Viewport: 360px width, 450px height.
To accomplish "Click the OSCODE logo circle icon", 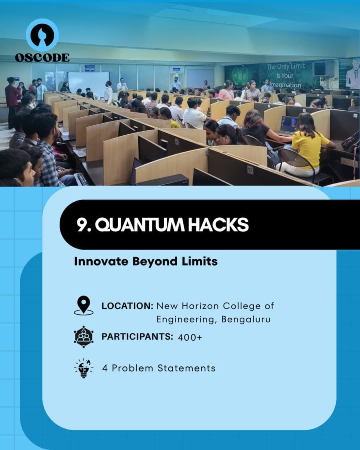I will tap(42, 35).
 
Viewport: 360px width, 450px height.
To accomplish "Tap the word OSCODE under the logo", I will tap(42, 58).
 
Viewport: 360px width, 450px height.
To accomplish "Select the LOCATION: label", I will tap(127, 306).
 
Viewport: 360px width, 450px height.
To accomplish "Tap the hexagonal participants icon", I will tap(84, 336).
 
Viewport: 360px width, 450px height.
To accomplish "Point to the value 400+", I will tap(190, 337).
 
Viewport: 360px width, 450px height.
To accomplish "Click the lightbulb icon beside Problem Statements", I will tap(84, 368).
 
